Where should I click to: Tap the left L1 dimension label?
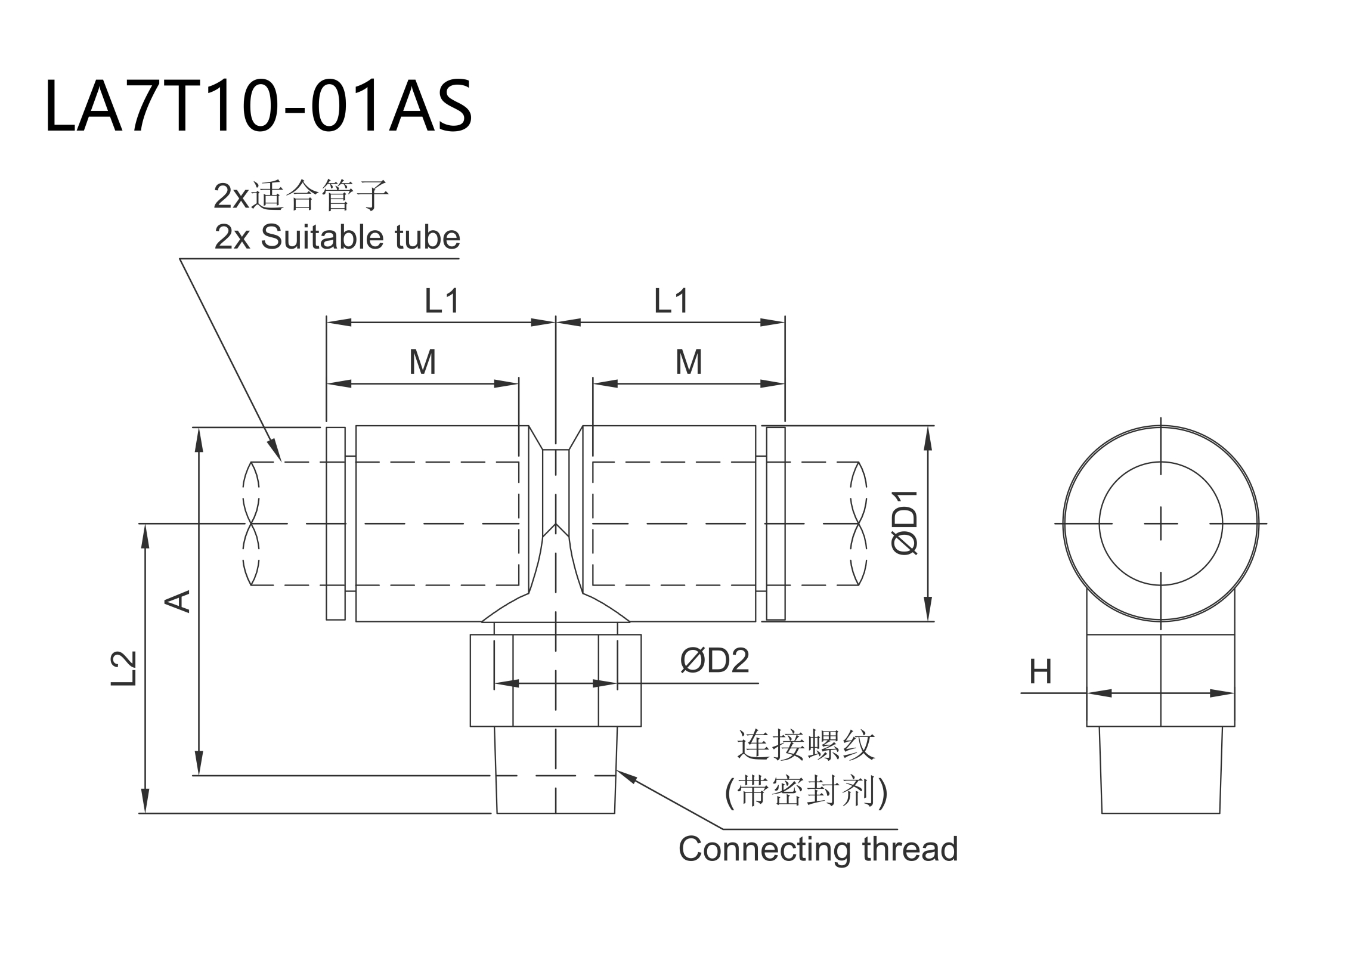click(x=441, y=301)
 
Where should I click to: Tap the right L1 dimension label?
click(x=671, y=301)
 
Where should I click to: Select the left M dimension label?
click(x=422, y=362)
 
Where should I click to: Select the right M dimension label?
click(x=688, y=362)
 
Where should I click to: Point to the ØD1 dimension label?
click(x=905, y=523)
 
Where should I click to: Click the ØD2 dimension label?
click(x=714, y=661)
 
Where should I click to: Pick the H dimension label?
click(x=1041, y=673)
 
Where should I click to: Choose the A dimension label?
click(x=177, y=601)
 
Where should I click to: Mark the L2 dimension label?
click(x=124, y=668)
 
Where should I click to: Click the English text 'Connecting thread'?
click(x=818, y=849)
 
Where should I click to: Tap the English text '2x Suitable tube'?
click(x=337, y=237)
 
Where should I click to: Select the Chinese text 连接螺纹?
click(x=806, y=745)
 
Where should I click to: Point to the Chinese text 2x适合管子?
click(x=301, y=196)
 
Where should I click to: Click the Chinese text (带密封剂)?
click(x=806, y=792)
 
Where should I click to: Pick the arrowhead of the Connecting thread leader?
click(x=623, y=774)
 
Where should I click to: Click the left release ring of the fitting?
click(x=336, y=524)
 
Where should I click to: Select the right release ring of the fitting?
click(x=775, y=524)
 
